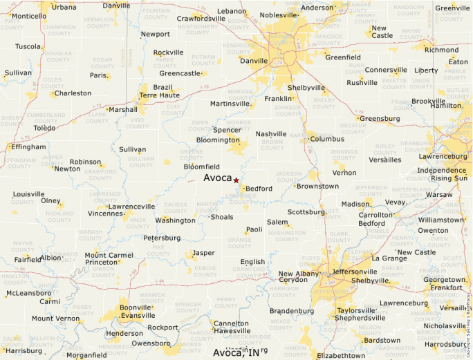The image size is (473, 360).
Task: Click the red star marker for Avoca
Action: click(236, 180)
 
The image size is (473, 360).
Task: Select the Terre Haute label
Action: click(159, 95)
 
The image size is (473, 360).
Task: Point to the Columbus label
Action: click(327, 139)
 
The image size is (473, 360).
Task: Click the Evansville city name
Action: click(137, 315)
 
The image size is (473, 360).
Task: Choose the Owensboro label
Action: click(151, 343)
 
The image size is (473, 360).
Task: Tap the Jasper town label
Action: click(203, 253)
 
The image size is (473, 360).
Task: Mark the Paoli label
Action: click(254, 229)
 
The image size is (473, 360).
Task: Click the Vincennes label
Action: click(105, 214)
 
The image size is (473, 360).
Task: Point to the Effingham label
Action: click(28, 147)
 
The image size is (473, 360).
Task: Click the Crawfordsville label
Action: click(201, 19)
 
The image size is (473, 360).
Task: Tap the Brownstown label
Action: click(318, 186)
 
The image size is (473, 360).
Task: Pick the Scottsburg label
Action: click(306, 212)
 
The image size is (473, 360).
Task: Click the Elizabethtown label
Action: click(340, 355)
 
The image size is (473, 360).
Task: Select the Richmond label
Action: click(441, 50)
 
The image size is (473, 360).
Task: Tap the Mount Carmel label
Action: click(109, 256)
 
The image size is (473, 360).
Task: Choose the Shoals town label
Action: click(222, 217)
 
